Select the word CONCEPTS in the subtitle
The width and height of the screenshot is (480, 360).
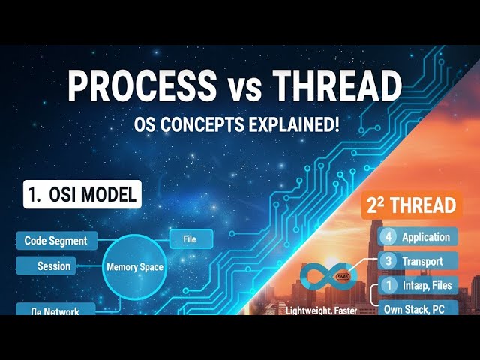coord(205,124)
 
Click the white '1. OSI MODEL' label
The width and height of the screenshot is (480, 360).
coord(79,196)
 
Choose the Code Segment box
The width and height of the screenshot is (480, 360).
coord(55,241)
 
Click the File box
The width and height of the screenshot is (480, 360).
coord(189,239)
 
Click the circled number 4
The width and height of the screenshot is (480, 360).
coord(387,237)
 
